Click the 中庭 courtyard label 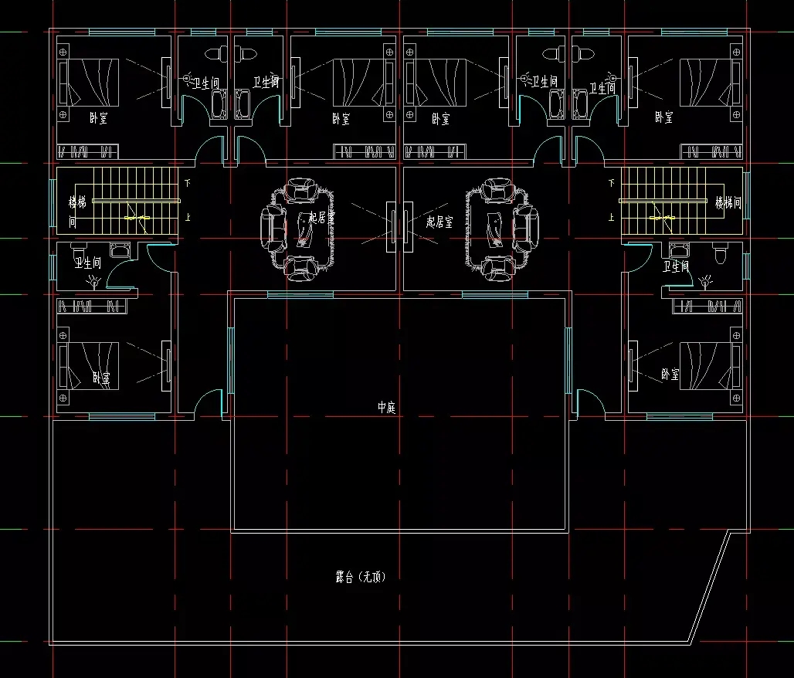pos(386,408)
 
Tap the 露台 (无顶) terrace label pos(360,577)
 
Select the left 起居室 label pos(321,219)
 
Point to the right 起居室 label pos(439,222)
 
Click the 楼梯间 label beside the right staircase pos(728,203)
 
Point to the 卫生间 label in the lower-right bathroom pos(677,267)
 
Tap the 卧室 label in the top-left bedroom pos(99,118)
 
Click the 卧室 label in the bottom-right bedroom pos(670,375)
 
